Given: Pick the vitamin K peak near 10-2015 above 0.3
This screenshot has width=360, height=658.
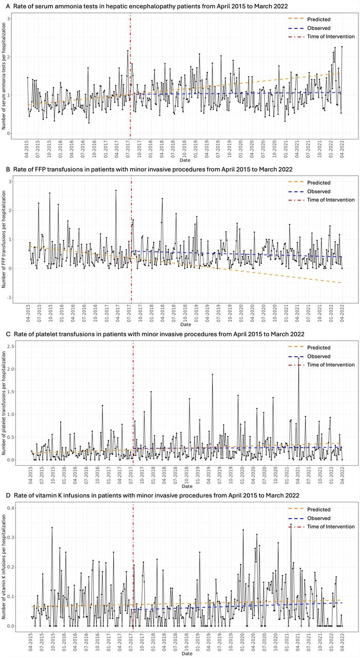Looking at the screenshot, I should click(x=52, y=527).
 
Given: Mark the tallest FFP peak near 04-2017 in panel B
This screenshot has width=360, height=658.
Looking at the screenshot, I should click(x=116, y=190).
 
